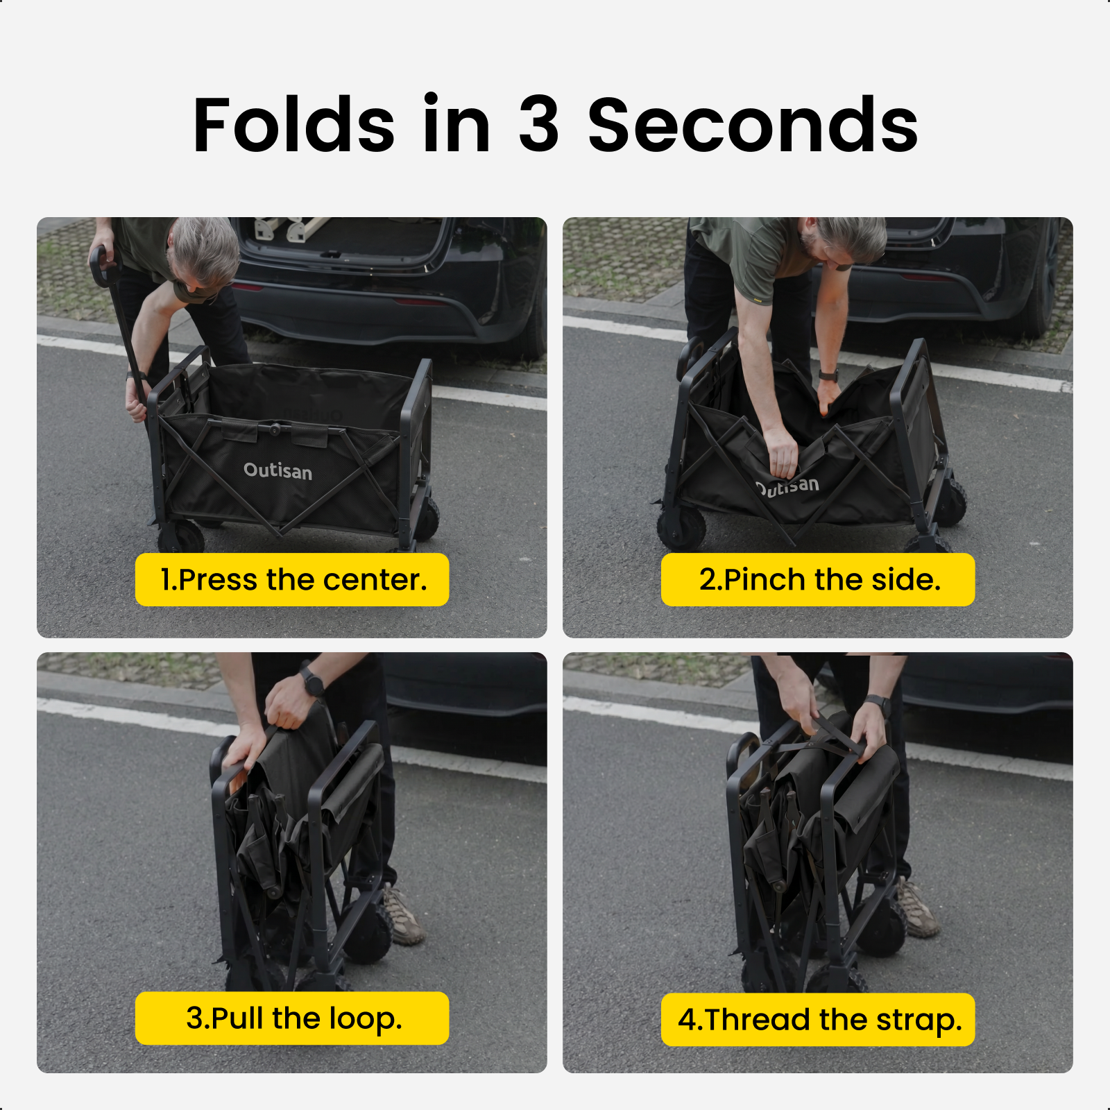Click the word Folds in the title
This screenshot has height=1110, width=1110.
click(293, 125)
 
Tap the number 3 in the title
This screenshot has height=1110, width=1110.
click(538, 125)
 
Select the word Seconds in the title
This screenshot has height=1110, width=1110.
click(753, 125)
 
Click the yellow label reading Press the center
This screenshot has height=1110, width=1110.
click(292, 579)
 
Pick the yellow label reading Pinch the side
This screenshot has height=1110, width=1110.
click(818, 579)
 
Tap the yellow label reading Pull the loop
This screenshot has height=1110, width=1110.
click(292, 1018)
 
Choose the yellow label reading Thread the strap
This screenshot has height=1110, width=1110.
click(818, 1019)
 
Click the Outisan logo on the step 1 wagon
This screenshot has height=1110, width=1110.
click(277, 470)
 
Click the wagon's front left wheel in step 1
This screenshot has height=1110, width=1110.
click(181, 536)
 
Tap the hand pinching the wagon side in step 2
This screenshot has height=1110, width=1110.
click(783, 452)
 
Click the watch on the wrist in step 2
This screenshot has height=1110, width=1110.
click(828, 375)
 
